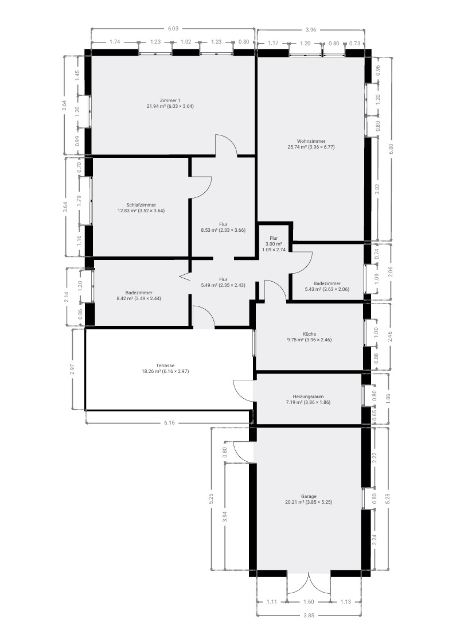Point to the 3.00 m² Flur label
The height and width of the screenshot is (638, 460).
[274, 244]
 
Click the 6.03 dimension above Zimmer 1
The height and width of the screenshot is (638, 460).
[173, 29]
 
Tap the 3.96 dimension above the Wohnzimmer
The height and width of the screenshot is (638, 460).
[311, 30]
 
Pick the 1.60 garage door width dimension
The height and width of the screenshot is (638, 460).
[309, 602]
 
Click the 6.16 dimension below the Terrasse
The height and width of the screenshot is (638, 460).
[169, 423]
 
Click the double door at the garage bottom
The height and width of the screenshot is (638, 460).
[309, 582]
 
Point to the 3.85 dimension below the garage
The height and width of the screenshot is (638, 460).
[309, 616]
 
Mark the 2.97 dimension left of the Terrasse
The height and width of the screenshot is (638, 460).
[72, 369]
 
